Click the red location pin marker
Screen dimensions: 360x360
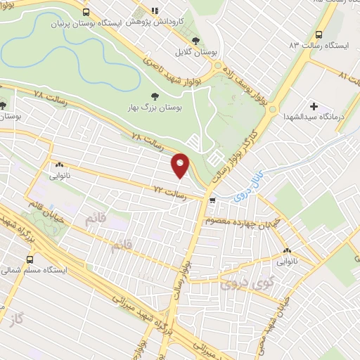[x=181, y=166]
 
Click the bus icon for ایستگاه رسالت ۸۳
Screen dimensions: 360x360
[x=319, y=34]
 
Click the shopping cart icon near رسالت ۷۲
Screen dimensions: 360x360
[x=212, y=201]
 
